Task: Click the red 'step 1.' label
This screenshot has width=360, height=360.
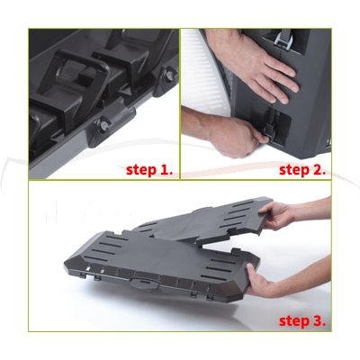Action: pyautogui.click(x=149, y=170)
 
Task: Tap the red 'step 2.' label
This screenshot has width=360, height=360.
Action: pyautogui.click(x=302, y=170)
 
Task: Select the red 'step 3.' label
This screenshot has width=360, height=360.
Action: pyautogui.click(x=302, y=320)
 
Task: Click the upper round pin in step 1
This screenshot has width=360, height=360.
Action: pyautogui.click(x=170, y=76)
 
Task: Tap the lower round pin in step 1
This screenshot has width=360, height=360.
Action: pyautogui.click(x=103, y=126)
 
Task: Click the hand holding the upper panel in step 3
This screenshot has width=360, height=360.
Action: pyautogui.click(x=277, y=214)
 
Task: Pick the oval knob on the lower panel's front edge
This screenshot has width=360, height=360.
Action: pyautogui.click(x=143, y=283)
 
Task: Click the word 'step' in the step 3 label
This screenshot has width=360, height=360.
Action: pyautogui.click(x=292, y=321)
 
